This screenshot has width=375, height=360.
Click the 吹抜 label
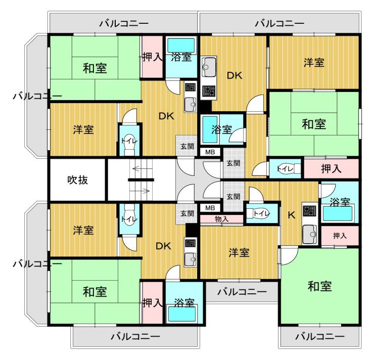click(78, 180)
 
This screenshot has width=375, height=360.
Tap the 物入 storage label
click(222, 218)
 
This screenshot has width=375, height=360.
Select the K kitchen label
click(291, 215)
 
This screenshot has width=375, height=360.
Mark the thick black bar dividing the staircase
click(141, 180)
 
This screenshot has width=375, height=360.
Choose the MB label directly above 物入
click(210, 208)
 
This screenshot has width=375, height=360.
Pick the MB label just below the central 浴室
click(210, 152)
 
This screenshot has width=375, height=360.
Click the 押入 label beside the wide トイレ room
click(331, 169)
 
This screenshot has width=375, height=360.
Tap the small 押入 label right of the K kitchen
click(340, 236)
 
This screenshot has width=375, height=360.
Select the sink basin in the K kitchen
click(310, 235)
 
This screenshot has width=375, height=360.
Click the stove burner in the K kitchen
click(310, 211)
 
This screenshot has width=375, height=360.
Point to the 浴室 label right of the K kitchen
click(340, 202)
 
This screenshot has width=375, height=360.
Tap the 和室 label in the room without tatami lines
click(319, 286)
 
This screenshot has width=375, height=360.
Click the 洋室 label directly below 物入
click(239, 253)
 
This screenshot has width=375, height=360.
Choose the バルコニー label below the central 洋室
click(242, 292)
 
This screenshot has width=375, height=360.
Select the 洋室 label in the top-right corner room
click(314, 63)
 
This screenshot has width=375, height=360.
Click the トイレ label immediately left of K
click(261, 213)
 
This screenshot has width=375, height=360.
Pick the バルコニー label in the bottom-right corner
click(320, 337)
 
